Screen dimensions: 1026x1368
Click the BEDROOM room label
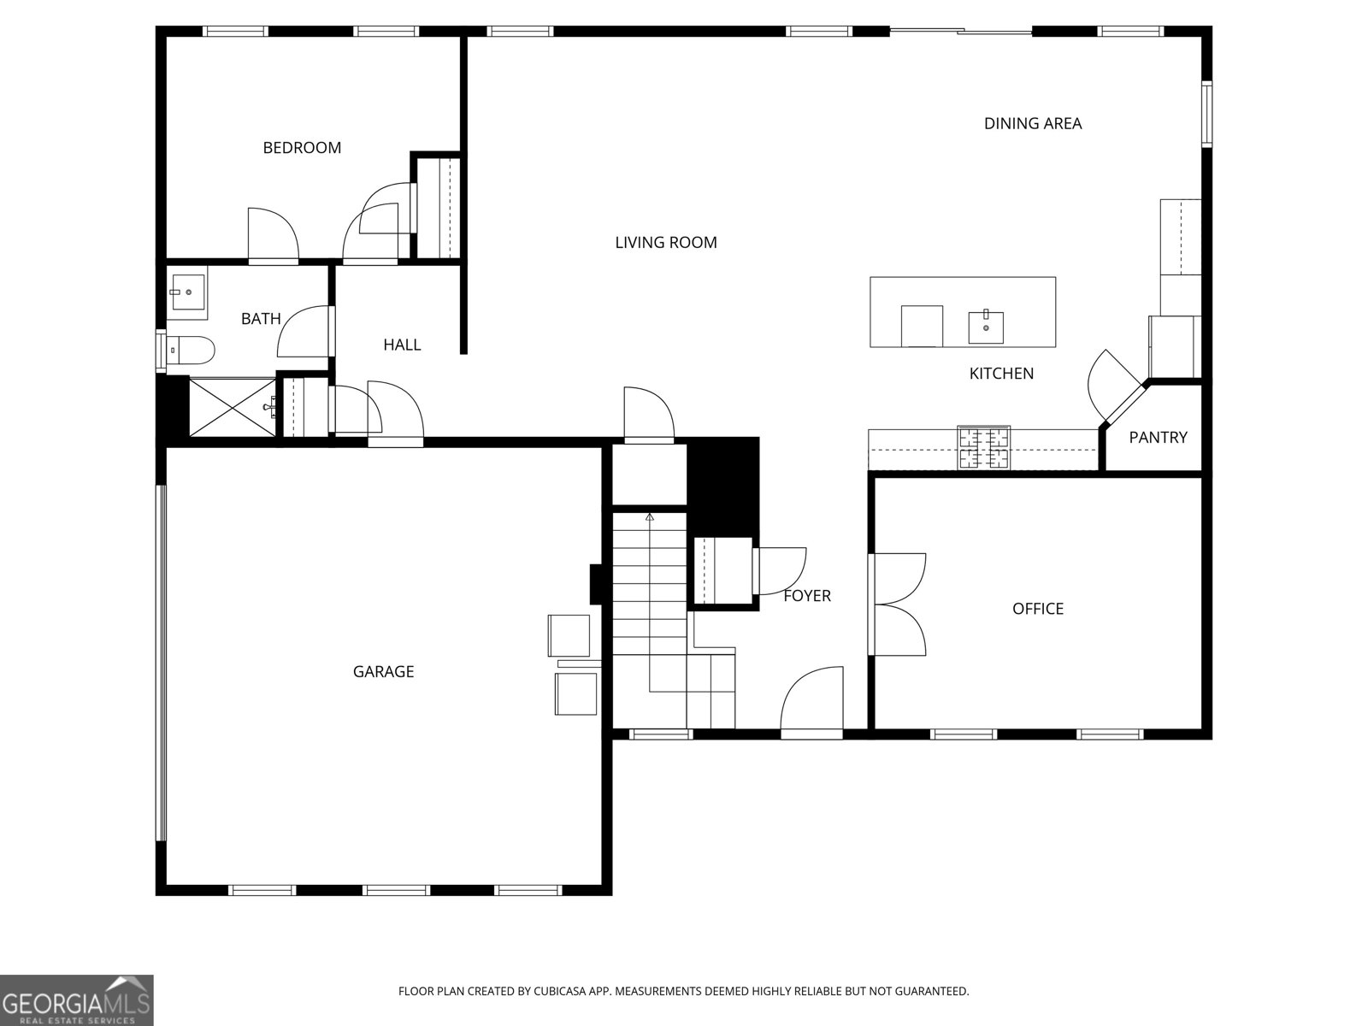(302, 148)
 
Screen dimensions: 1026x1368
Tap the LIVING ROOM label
(665, 243)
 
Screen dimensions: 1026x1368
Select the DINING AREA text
(1032, 124)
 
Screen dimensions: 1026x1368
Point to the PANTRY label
(1158, 438)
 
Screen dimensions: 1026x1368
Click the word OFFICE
(1037, 609)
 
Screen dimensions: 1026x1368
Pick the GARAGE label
(383, 672)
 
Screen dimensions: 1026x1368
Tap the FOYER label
(807, 596)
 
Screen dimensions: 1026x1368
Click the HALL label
(402, 345)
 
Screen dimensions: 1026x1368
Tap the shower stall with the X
(232, 408)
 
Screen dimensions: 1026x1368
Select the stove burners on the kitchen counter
(983, 447)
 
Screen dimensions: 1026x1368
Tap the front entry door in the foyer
(812, 703)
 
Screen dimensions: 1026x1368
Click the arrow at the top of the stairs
(650, 516)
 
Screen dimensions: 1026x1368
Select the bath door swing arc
(302, 332)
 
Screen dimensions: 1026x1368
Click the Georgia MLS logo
(76, 999)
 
